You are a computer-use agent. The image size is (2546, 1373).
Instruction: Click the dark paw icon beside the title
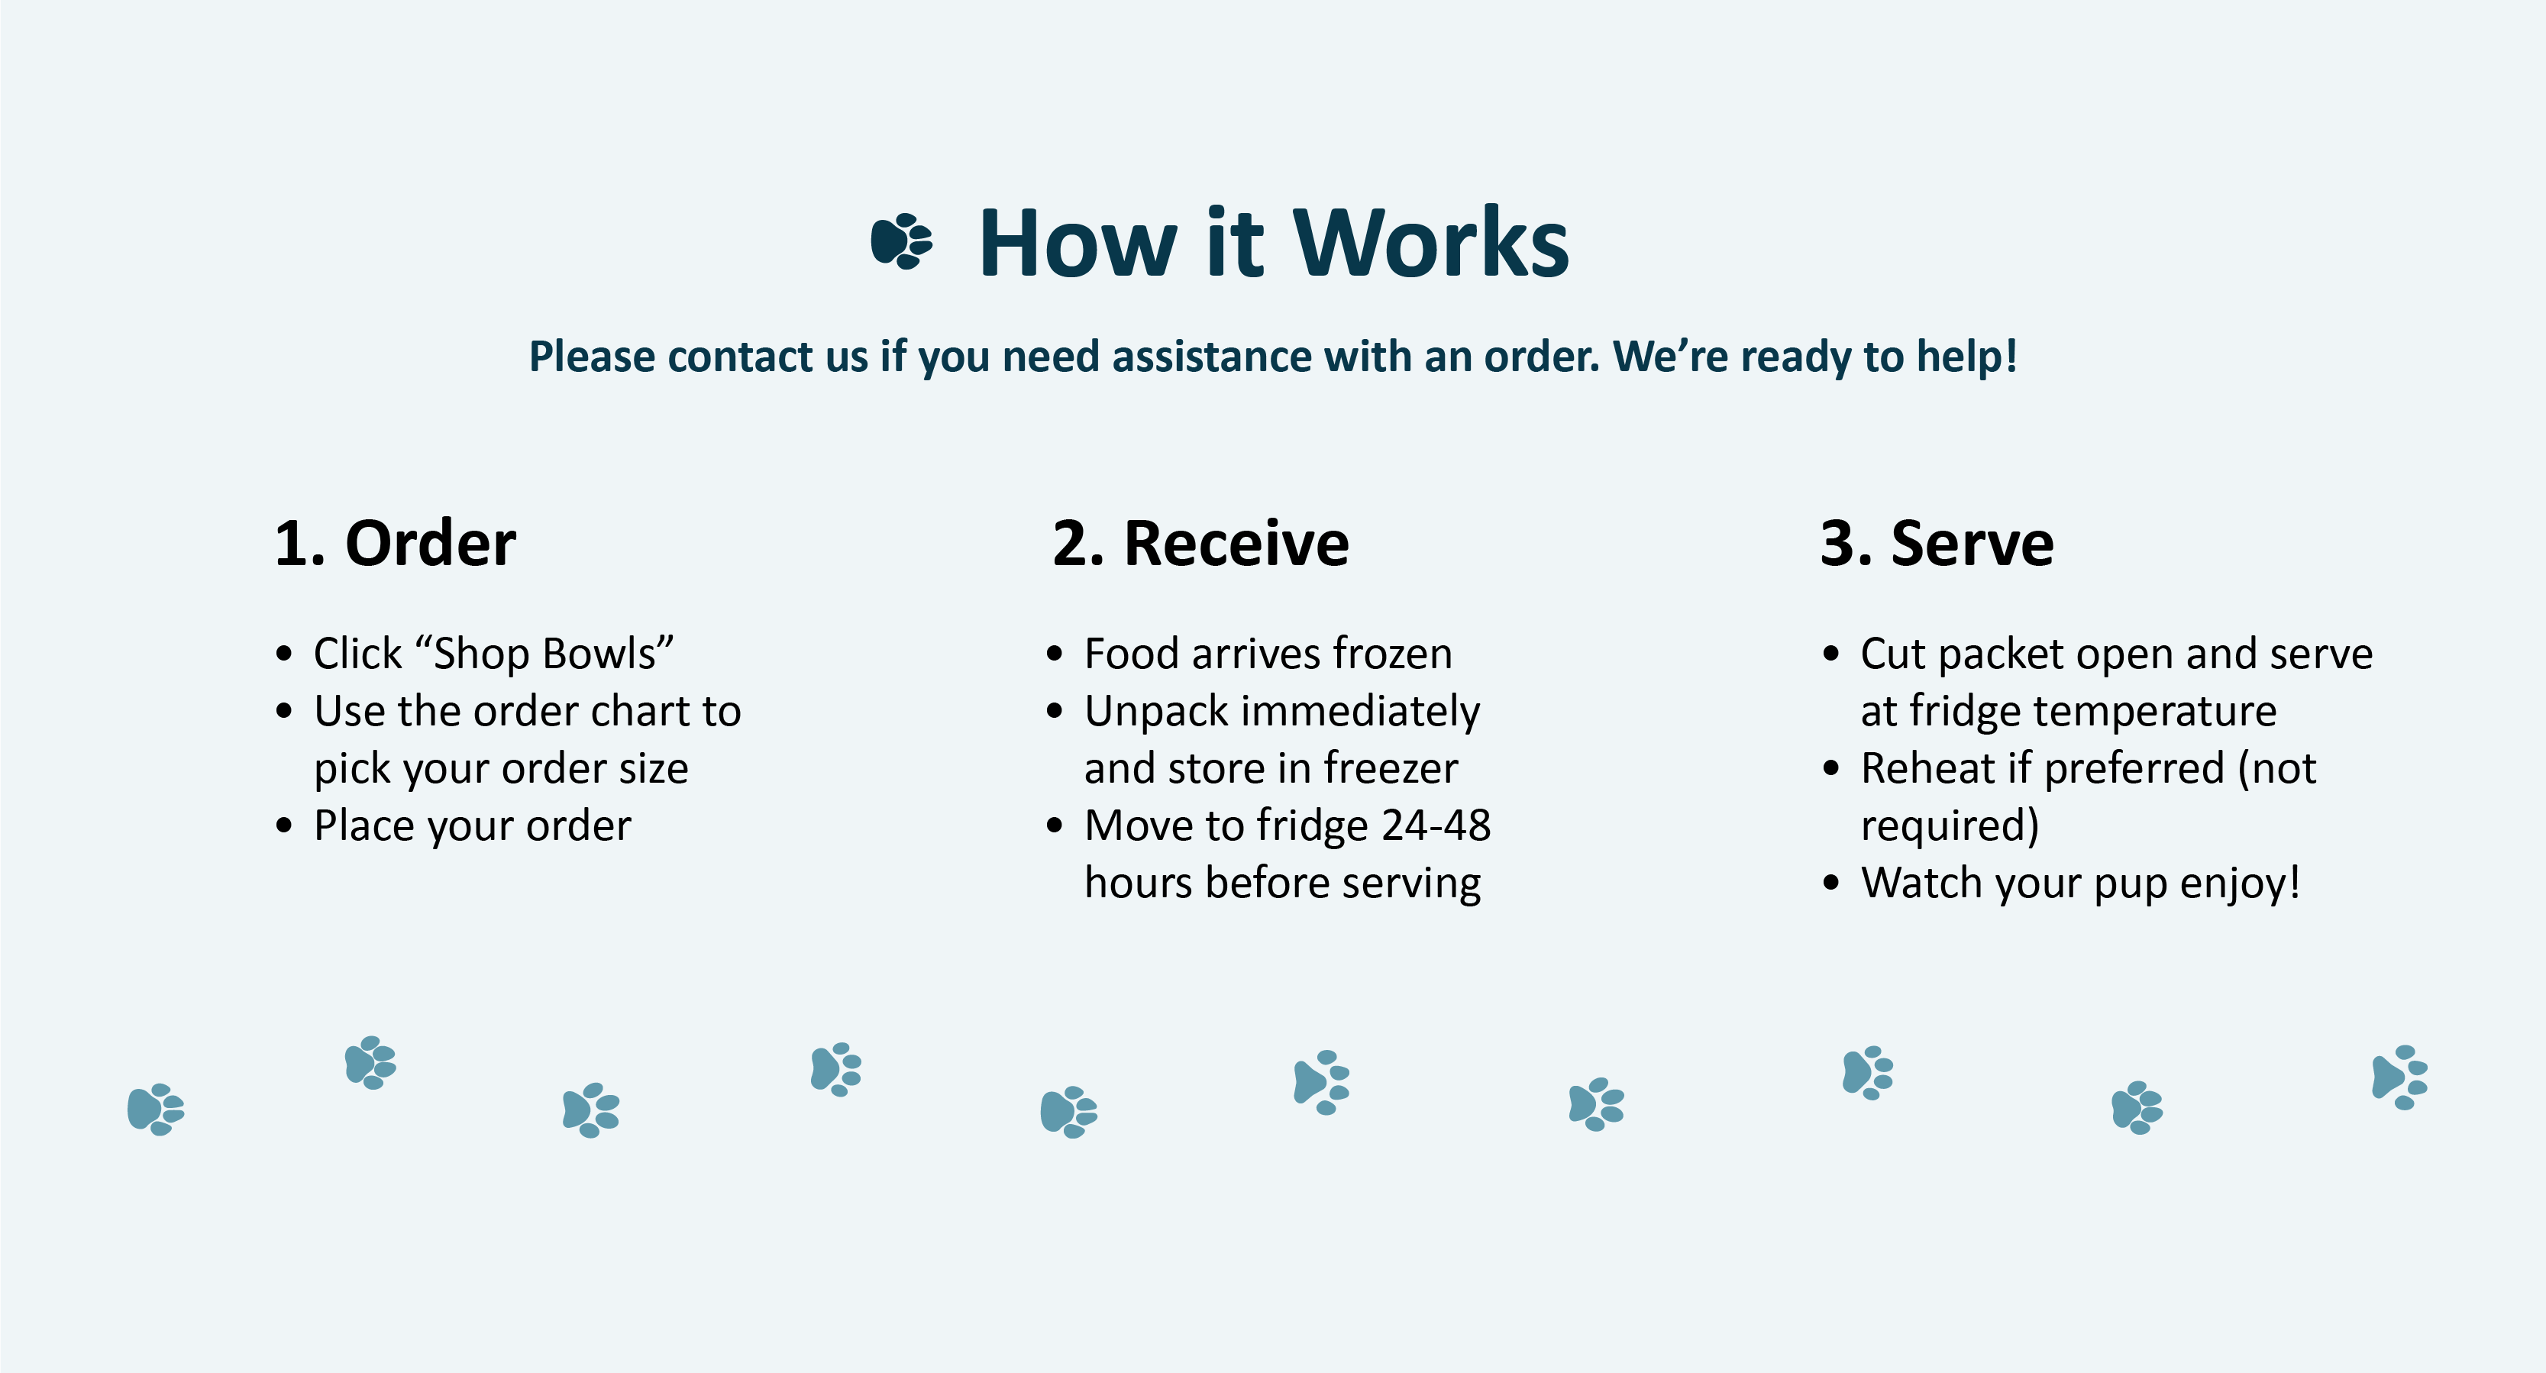[x=901, y=241]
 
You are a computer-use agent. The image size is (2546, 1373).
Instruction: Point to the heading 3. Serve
[x=1937, y=544]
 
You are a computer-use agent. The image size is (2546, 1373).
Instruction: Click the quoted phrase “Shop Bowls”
[x=544, y=654]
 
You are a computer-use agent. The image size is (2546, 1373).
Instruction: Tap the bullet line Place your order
[x=473, y=826]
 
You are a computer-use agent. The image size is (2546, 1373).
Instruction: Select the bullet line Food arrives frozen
[x=1268, y=654]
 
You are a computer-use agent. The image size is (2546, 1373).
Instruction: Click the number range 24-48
[x=1436, y=825]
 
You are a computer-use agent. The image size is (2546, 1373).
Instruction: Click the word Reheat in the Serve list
[x=1927, y=768]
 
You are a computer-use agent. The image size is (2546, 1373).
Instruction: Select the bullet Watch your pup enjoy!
[x=2080, y=884]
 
